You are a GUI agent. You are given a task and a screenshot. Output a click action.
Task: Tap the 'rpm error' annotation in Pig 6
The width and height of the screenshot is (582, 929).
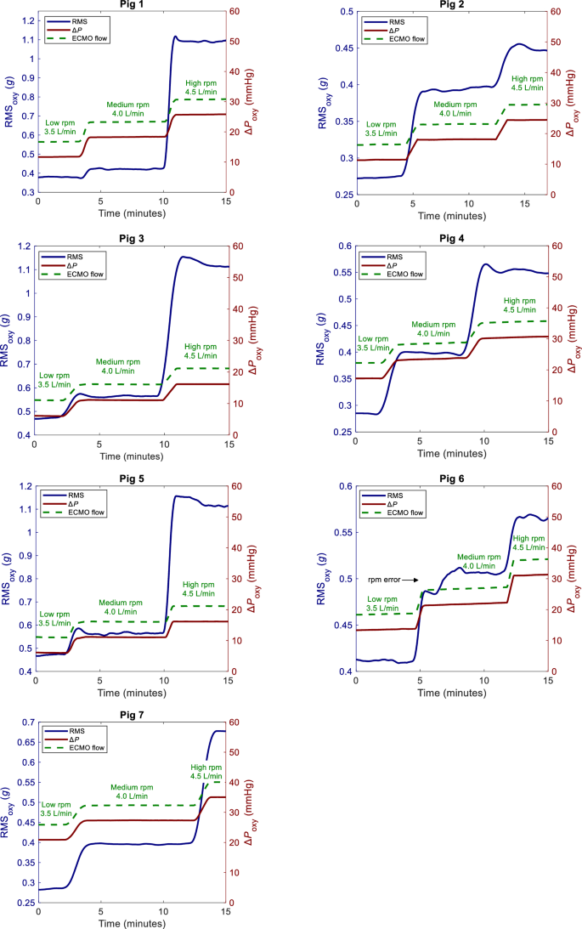[383, 580]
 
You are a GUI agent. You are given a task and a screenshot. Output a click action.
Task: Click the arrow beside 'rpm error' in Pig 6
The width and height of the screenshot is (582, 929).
[410, 580]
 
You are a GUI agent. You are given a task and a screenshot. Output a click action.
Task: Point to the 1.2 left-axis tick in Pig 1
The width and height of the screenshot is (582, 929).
[25, 20]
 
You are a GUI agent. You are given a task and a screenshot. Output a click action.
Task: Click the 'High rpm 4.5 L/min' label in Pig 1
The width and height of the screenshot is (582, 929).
[204, 88]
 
